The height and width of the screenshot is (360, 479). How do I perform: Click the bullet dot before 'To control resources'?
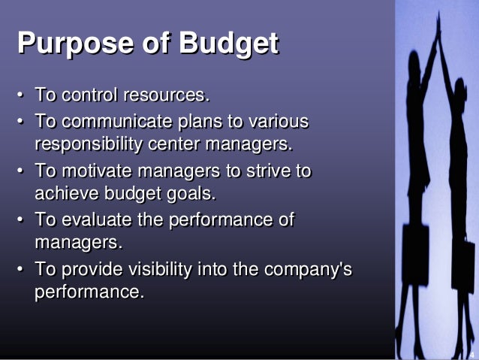[21, 97]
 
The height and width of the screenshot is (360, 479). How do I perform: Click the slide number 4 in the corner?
[471, 347]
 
